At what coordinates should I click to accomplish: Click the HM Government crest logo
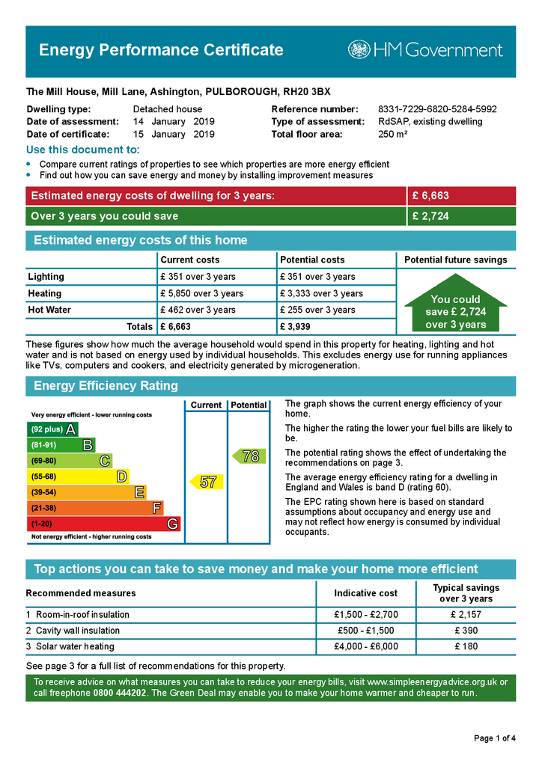[x=359, y=50]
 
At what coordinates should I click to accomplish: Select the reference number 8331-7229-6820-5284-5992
[x=437, y=109]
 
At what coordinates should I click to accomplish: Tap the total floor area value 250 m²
[x=392, y=135]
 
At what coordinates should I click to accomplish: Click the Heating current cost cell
[x=201, y=293]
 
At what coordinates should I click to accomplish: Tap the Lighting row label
[x=46, y=277]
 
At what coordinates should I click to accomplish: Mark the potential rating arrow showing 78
[x=248, y=456]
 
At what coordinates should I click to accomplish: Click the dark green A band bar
[x=52, y=429]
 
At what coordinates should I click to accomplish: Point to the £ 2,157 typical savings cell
[x=465, y=615]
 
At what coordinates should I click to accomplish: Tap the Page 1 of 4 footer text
[x=495, y=738]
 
